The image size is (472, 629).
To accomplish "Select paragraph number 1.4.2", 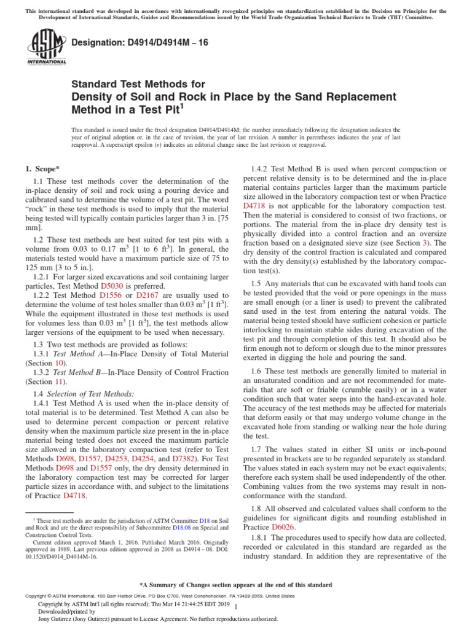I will (261, 169).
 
